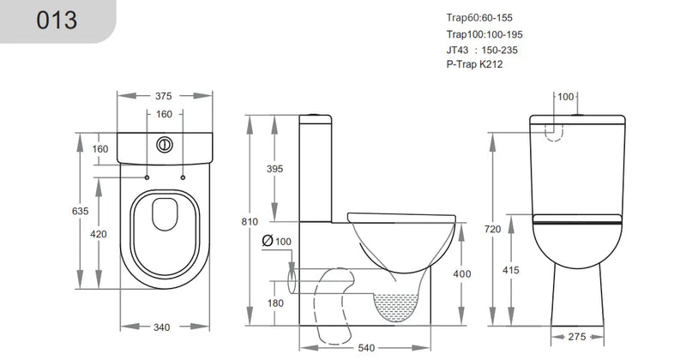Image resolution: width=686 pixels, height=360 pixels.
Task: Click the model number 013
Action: click(x=56, y=21)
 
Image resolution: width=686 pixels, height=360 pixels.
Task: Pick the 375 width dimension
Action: click(x=164, y=95)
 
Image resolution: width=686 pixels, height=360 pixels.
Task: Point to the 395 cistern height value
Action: click(x=274, y=170)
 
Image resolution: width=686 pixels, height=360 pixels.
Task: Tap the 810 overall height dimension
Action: click(x=250, y=222)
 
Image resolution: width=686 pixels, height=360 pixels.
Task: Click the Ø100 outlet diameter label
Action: click(x=277, y=243)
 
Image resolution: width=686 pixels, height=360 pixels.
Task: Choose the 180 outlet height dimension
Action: click(x=275, y=303)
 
